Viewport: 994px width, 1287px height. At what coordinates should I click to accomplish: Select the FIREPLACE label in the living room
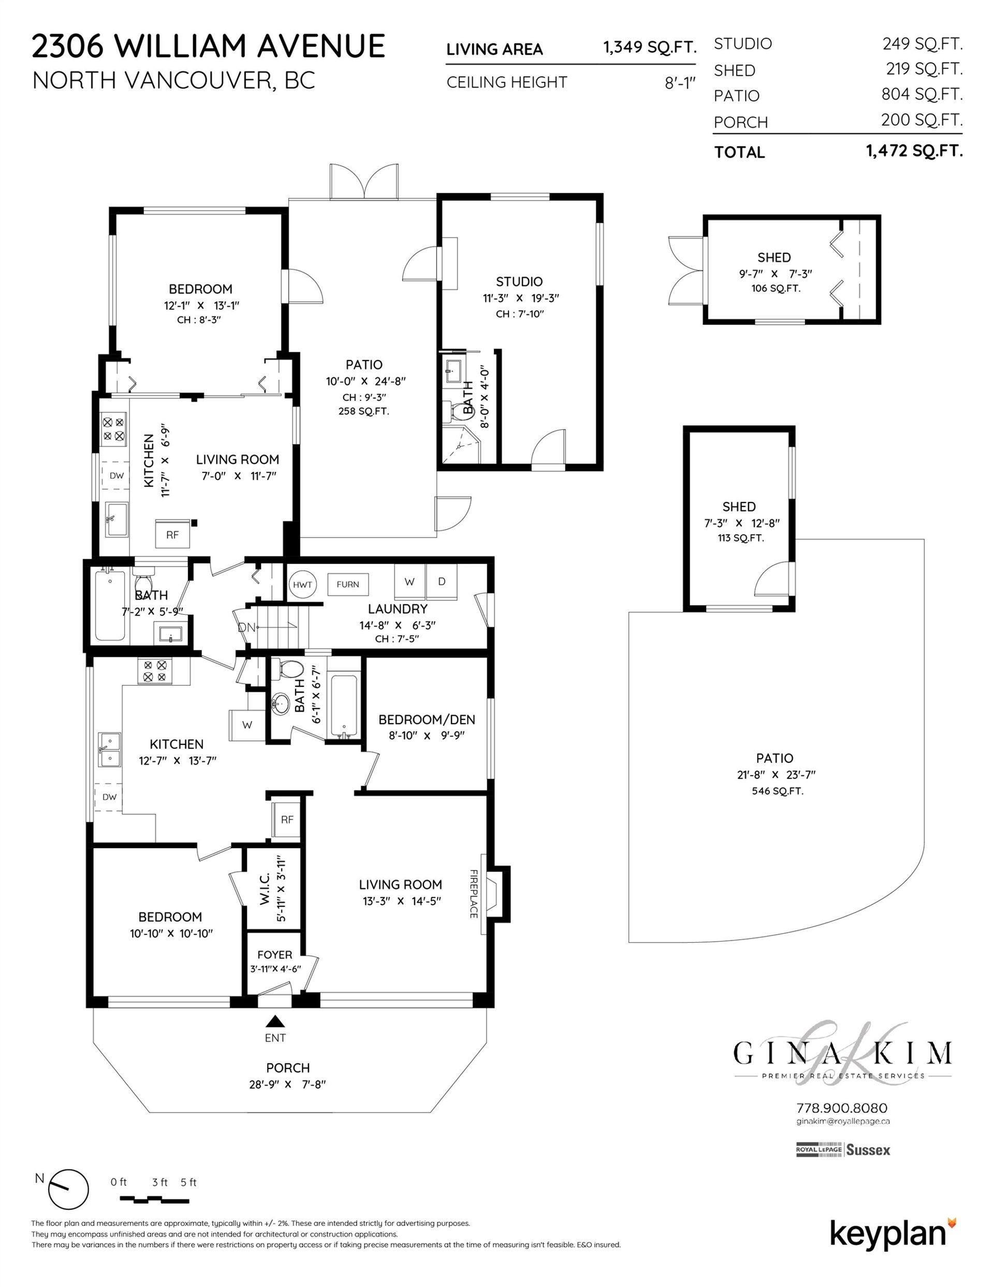coord(474,893)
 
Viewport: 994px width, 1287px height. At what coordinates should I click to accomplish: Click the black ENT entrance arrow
coord(275,1021)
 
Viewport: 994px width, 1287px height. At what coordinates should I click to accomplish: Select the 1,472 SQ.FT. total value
coord(914,151)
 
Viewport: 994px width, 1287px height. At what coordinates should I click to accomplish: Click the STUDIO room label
coord(519,282)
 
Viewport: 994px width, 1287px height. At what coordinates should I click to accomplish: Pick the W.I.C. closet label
coord(265,889)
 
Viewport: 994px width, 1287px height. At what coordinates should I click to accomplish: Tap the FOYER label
coord(274,955)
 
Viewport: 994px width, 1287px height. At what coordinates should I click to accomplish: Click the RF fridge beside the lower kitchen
coord(287,820)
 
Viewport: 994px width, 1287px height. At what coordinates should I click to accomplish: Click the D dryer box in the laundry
coord(442,582)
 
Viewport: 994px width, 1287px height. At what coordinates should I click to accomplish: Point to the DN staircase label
coord(246,628)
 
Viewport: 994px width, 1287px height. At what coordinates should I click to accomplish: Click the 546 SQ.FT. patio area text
coord(777,791)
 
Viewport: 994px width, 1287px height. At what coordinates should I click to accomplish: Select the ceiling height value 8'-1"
coord(681,83)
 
